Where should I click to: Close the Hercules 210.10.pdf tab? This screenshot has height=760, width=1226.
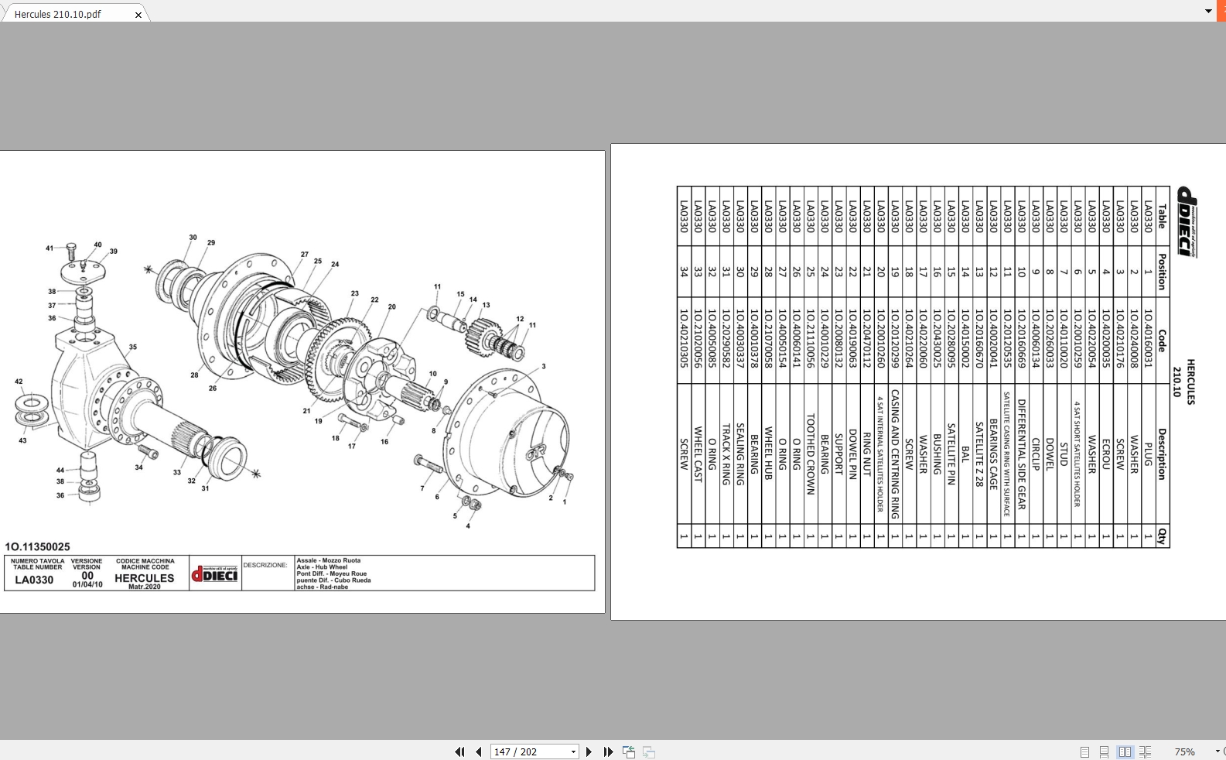138,15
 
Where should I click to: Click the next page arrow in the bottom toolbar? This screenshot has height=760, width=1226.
589,751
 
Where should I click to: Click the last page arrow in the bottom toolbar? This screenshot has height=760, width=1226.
609,751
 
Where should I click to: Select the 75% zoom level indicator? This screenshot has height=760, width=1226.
1184,751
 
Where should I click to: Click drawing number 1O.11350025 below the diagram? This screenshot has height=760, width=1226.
37,546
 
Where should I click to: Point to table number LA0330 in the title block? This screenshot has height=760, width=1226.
35,580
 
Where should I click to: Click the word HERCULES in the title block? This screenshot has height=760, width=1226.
145,578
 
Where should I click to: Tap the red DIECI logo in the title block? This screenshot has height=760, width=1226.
215,573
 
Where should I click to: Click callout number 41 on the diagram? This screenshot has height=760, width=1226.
50,248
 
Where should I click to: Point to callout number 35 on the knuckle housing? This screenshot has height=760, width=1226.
133,347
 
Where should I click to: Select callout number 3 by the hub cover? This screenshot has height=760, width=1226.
543,367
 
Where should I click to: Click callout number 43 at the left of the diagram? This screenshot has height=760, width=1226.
22,440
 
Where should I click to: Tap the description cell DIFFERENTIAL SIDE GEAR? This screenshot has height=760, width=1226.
1021,454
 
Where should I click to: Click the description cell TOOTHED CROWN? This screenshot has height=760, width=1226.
811,454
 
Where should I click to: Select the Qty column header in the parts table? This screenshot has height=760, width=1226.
1161,536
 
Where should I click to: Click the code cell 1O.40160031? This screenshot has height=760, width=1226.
1148,338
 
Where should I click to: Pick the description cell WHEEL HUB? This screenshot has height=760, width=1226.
768,454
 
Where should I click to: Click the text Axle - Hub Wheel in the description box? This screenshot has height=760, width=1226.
322,567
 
